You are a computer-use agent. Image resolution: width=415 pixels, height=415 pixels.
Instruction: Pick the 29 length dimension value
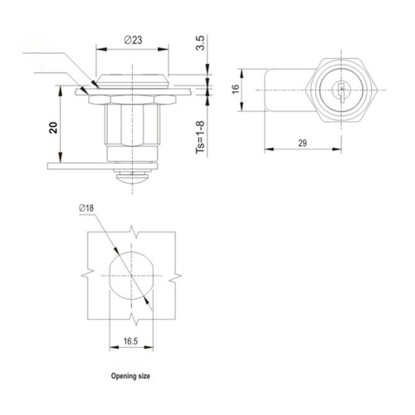302,144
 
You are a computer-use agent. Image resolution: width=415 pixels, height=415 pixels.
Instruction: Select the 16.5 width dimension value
130,340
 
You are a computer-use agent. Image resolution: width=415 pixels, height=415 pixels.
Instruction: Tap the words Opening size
130,376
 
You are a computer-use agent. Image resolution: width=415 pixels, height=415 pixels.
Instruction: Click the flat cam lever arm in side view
79,164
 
